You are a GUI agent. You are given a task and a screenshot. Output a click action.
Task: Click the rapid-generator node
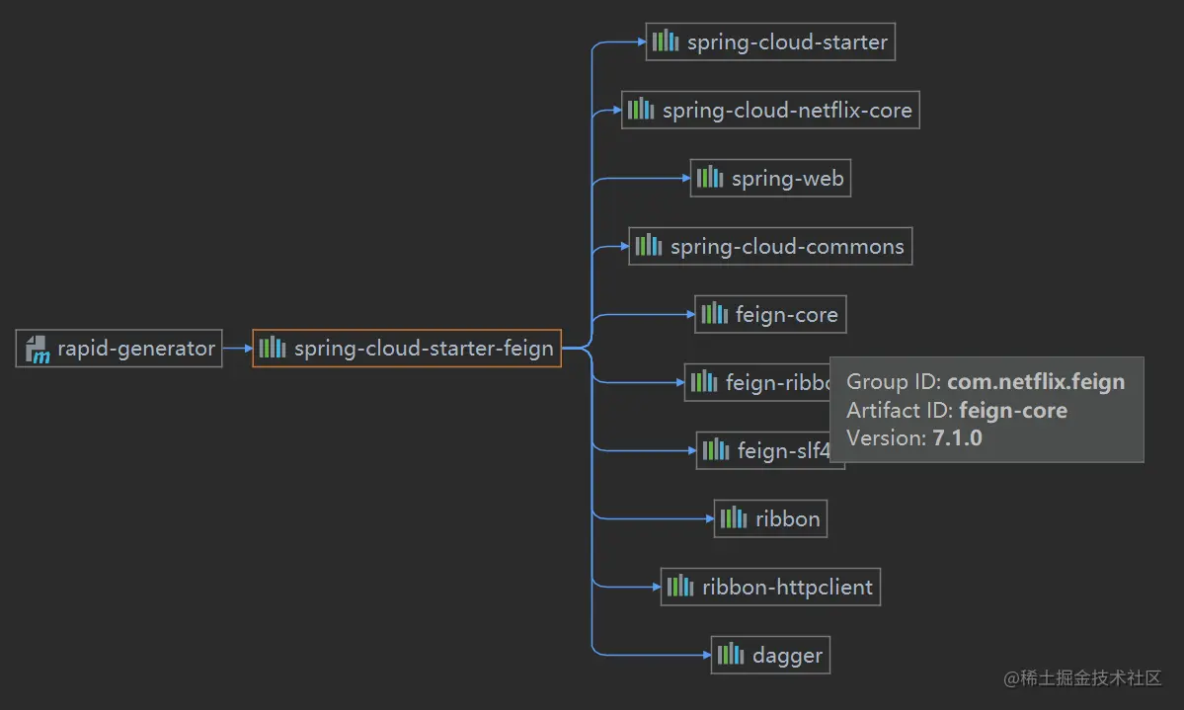tap(118, 349)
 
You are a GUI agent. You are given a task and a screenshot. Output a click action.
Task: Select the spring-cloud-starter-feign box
tap(407, 349)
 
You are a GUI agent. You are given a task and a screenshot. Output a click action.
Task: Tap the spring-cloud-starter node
tap(770, 42)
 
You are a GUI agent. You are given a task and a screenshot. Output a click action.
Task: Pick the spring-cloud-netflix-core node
tap(770, 110)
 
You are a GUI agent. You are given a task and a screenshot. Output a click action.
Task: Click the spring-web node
tap(770, 178)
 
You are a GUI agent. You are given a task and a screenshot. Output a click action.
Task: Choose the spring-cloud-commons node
tap(770, 246)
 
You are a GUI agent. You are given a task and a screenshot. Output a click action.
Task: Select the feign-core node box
tap(770, 315)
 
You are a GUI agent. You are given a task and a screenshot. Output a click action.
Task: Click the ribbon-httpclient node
tap(770, 587)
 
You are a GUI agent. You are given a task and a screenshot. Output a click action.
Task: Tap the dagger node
tap(770, 655)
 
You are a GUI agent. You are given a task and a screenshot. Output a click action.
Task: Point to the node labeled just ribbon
tap(770, 518)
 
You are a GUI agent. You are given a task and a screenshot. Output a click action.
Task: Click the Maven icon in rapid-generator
tap(38, 349)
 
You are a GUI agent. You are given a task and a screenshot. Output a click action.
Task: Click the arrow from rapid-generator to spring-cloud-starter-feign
tap(237, 349)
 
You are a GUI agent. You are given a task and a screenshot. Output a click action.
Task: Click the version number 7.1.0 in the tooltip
tap(957, 438)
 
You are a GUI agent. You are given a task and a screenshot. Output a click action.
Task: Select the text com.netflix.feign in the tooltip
tap(1036, 382)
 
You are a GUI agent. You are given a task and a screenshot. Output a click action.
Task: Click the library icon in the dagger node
tap(731, 655)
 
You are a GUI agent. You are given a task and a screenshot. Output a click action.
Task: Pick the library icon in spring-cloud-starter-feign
tap(273, 348)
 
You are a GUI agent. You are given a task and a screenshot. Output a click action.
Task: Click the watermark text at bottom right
tap(1082, 678)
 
